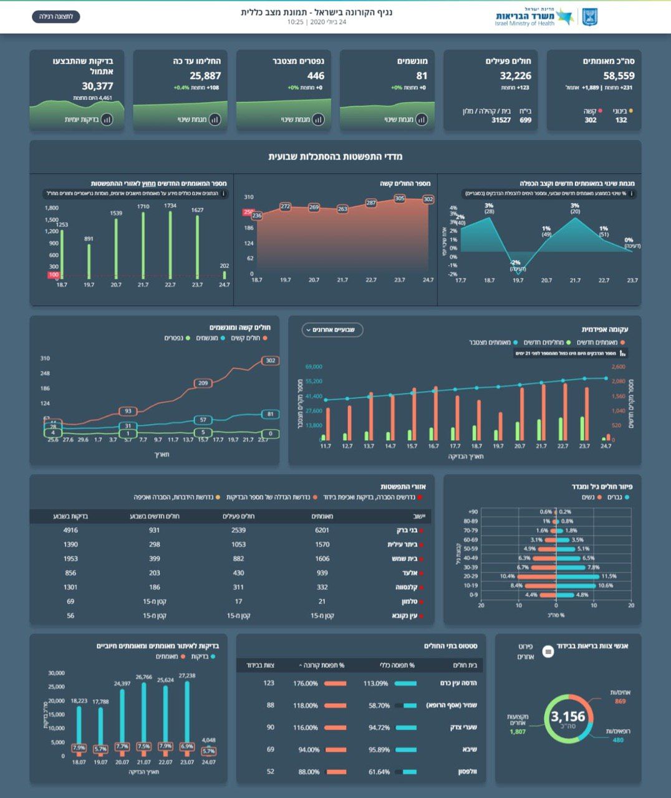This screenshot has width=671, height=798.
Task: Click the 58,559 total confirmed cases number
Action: point(619,76)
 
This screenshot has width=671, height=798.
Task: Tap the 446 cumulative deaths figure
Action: point(316,76)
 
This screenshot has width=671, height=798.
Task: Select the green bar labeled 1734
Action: point(170,245)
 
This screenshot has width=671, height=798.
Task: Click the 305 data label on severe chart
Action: point(400,198)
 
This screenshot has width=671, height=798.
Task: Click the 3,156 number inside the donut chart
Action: point(568,717)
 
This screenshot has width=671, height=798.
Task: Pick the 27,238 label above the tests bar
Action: point(187,676)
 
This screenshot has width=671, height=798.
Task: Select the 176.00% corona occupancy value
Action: point(306,683)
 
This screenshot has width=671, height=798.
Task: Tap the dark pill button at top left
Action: point(56,16)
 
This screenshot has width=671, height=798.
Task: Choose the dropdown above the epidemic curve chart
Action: point(332,330)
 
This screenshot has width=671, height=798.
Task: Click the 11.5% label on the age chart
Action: point(609,576)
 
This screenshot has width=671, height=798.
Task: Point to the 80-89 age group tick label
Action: point(471,521)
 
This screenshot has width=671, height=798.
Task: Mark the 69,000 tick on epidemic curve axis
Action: point(314,367)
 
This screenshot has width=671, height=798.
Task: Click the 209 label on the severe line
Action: point(203,383)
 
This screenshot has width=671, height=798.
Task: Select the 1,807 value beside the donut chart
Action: point(518,731)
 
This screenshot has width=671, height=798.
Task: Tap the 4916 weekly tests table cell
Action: point(70,530)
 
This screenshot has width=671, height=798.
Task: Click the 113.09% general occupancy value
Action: point(375,683)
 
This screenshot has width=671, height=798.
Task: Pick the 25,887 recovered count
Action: point(206,76)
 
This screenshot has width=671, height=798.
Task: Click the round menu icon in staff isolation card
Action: point(548,651)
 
